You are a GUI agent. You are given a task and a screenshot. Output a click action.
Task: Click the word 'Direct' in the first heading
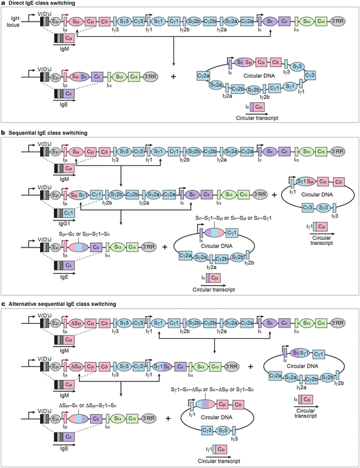tap(19, 5)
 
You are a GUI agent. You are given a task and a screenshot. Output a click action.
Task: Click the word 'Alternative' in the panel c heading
tap(28, 304)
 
